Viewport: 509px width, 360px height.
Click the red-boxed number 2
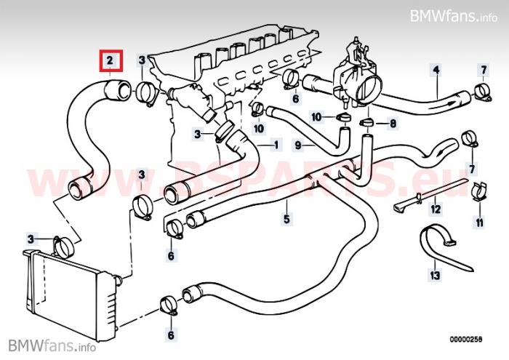coord(111,60)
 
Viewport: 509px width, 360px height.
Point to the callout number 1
coord(276,145)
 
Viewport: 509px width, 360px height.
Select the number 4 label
coord(436,71)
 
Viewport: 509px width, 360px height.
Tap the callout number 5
coord(286,218)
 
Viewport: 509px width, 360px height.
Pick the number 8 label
coord(393,124)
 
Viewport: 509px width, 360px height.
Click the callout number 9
coord(298,145)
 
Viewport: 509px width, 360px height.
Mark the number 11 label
coord(479,221)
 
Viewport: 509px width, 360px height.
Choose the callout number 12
coord(435,209)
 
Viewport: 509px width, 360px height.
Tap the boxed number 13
coord(435,276)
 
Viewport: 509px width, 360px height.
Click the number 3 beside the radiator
coord(31,238)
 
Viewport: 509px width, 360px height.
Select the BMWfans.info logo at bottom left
coord(47,345)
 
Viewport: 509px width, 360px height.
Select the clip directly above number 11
coord(479,191)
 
